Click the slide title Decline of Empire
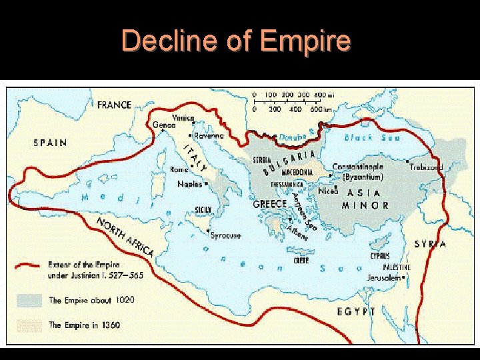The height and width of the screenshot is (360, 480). tap(236, 41)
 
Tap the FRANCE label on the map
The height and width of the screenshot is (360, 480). tap(115, 105)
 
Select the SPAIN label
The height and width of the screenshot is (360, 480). tap(51, 142)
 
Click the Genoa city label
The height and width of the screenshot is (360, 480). tap(164, 125)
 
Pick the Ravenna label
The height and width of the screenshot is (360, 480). tap(209, 135)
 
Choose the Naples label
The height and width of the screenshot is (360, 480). tap(189, 184)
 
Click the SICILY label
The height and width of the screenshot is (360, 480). tap(203, 209)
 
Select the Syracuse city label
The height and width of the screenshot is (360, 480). tap(225, 235)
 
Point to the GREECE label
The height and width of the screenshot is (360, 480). tap(269, 204)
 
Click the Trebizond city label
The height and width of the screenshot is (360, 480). tap(425, 167)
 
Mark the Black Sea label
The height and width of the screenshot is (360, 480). tap(372, 137)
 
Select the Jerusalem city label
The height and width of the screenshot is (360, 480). tap(384, 277)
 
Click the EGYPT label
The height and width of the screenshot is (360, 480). tap(356, 311)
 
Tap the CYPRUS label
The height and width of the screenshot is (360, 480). tap(379, 255)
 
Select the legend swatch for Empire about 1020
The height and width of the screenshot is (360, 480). tap(30, 300)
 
